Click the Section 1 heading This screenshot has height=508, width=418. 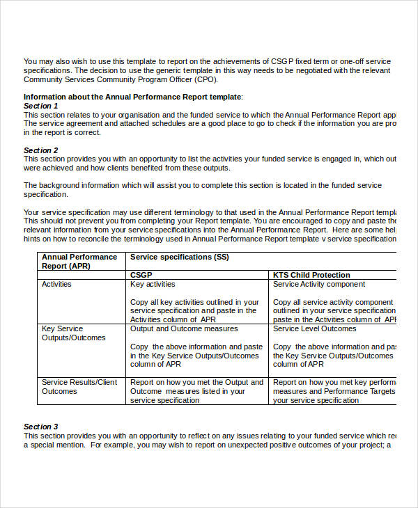[x=41, y=106]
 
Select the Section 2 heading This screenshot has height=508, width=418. [x=41, y=150]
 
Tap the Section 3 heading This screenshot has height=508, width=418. [x=41, y=427]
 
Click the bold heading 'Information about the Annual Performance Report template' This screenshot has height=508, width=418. [x=132, y=97]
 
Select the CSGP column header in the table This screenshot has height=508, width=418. [x=141, y=275]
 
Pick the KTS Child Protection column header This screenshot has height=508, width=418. [x=311, y=275]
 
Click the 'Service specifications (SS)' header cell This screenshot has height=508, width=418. [x=180, y=257]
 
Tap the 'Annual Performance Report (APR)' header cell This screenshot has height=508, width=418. [x=79, y=261]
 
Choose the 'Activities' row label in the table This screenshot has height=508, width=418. [x=56, y=284]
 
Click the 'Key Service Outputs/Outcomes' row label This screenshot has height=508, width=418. [x=73, y=333]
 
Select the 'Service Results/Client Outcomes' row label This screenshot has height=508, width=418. [x=79, y=386]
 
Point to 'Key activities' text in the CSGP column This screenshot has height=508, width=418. [x=153, y=284]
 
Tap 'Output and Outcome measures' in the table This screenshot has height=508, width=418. [x=184, y=328]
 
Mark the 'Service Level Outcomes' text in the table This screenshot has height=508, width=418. [x=314, y=328]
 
